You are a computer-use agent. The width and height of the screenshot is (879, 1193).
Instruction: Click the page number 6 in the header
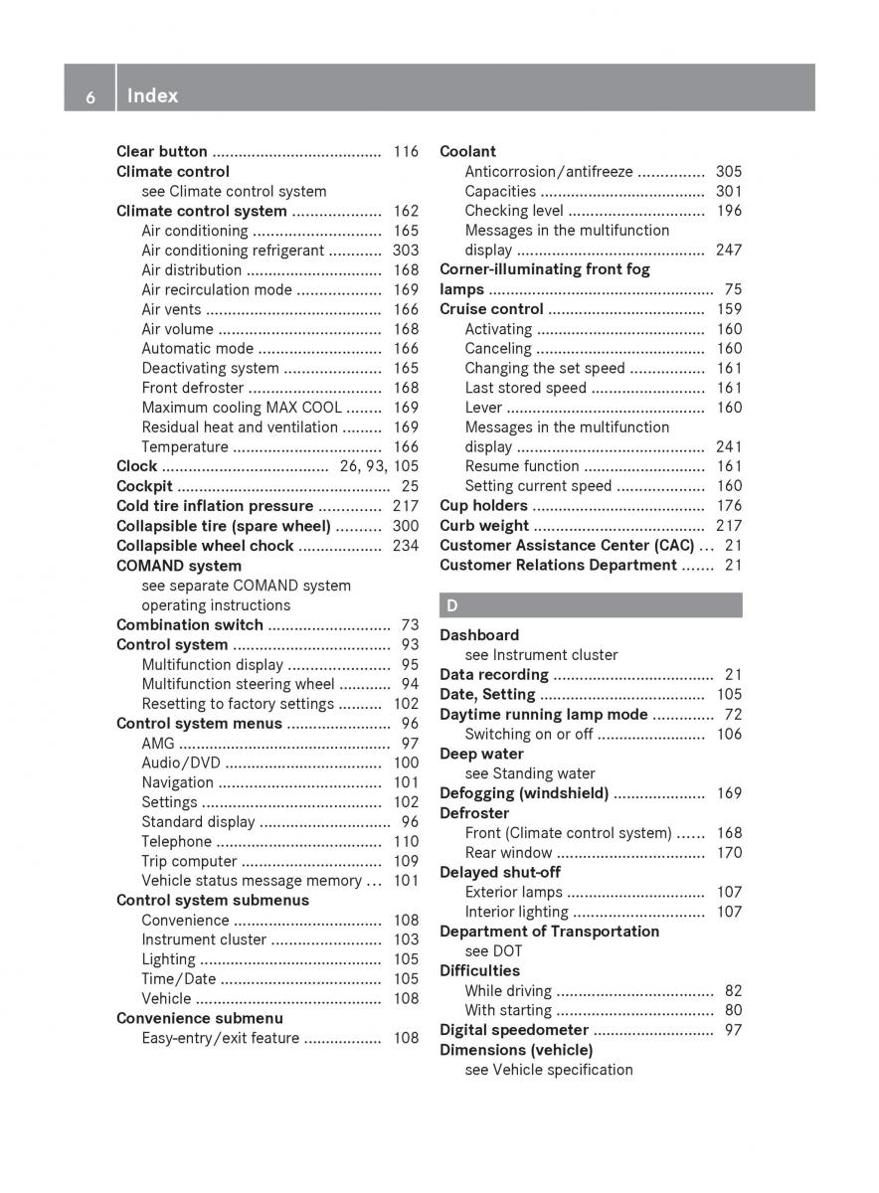pos(90,96)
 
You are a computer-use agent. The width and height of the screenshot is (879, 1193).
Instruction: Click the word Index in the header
pos(153,95)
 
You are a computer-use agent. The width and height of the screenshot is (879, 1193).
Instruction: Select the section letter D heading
pos(452,604)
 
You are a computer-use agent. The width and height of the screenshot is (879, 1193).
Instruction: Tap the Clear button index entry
pos(162,152)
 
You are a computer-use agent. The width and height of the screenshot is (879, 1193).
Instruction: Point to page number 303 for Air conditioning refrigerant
pos(406,251)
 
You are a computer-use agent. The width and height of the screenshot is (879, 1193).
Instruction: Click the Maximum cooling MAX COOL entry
pos(242,408)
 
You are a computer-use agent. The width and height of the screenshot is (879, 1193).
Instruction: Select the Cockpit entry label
pos(144,486)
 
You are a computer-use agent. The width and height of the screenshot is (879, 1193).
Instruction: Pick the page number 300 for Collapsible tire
pos(406,526)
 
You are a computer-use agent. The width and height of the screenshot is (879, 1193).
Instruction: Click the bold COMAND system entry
pos(179,566)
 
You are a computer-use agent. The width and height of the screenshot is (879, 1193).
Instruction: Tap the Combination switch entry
pos(190,625)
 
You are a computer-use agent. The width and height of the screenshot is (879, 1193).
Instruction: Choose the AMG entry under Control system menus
pos(157,743)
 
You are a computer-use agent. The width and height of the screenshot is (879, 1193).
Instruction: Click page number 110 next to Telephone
pos(406,842)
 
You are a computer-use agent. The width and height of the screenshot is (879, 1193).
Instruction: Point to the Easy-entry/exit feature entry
pos(220,1038)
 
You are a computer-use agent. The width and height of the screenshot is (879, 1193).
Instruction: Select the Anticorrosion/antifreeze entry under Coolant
pos(548,172)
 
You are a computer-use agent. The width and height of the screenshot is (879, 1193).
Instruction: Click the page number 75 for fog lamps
pos(733,289)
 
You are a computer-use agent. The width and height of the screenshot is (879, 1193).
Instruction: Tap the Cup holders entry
pos(483,506)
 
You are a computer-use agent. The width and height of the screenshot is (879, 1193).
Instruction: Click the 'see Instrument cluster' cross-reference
pos(541,654)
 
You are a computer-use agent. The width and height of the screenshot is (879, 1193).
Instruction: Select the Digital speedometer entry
pos(514,1030)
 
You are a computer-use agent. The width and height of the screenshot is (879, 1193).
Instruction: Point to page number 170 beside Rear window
pos(729,852)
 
